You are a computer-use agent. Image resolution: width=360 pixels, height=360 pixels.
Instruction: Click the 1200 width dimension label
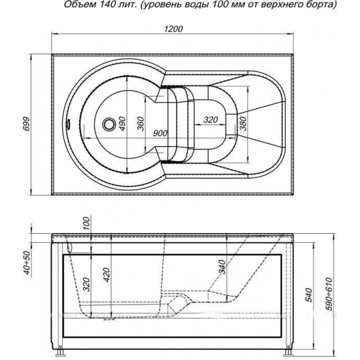(173, 29)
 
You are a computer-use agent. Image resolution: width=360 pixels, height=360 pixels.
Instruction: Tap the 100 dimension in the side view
(86, 225)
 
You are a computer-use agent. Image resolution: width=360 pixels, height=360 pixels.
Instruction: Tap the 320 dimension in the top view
(211, 120)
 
